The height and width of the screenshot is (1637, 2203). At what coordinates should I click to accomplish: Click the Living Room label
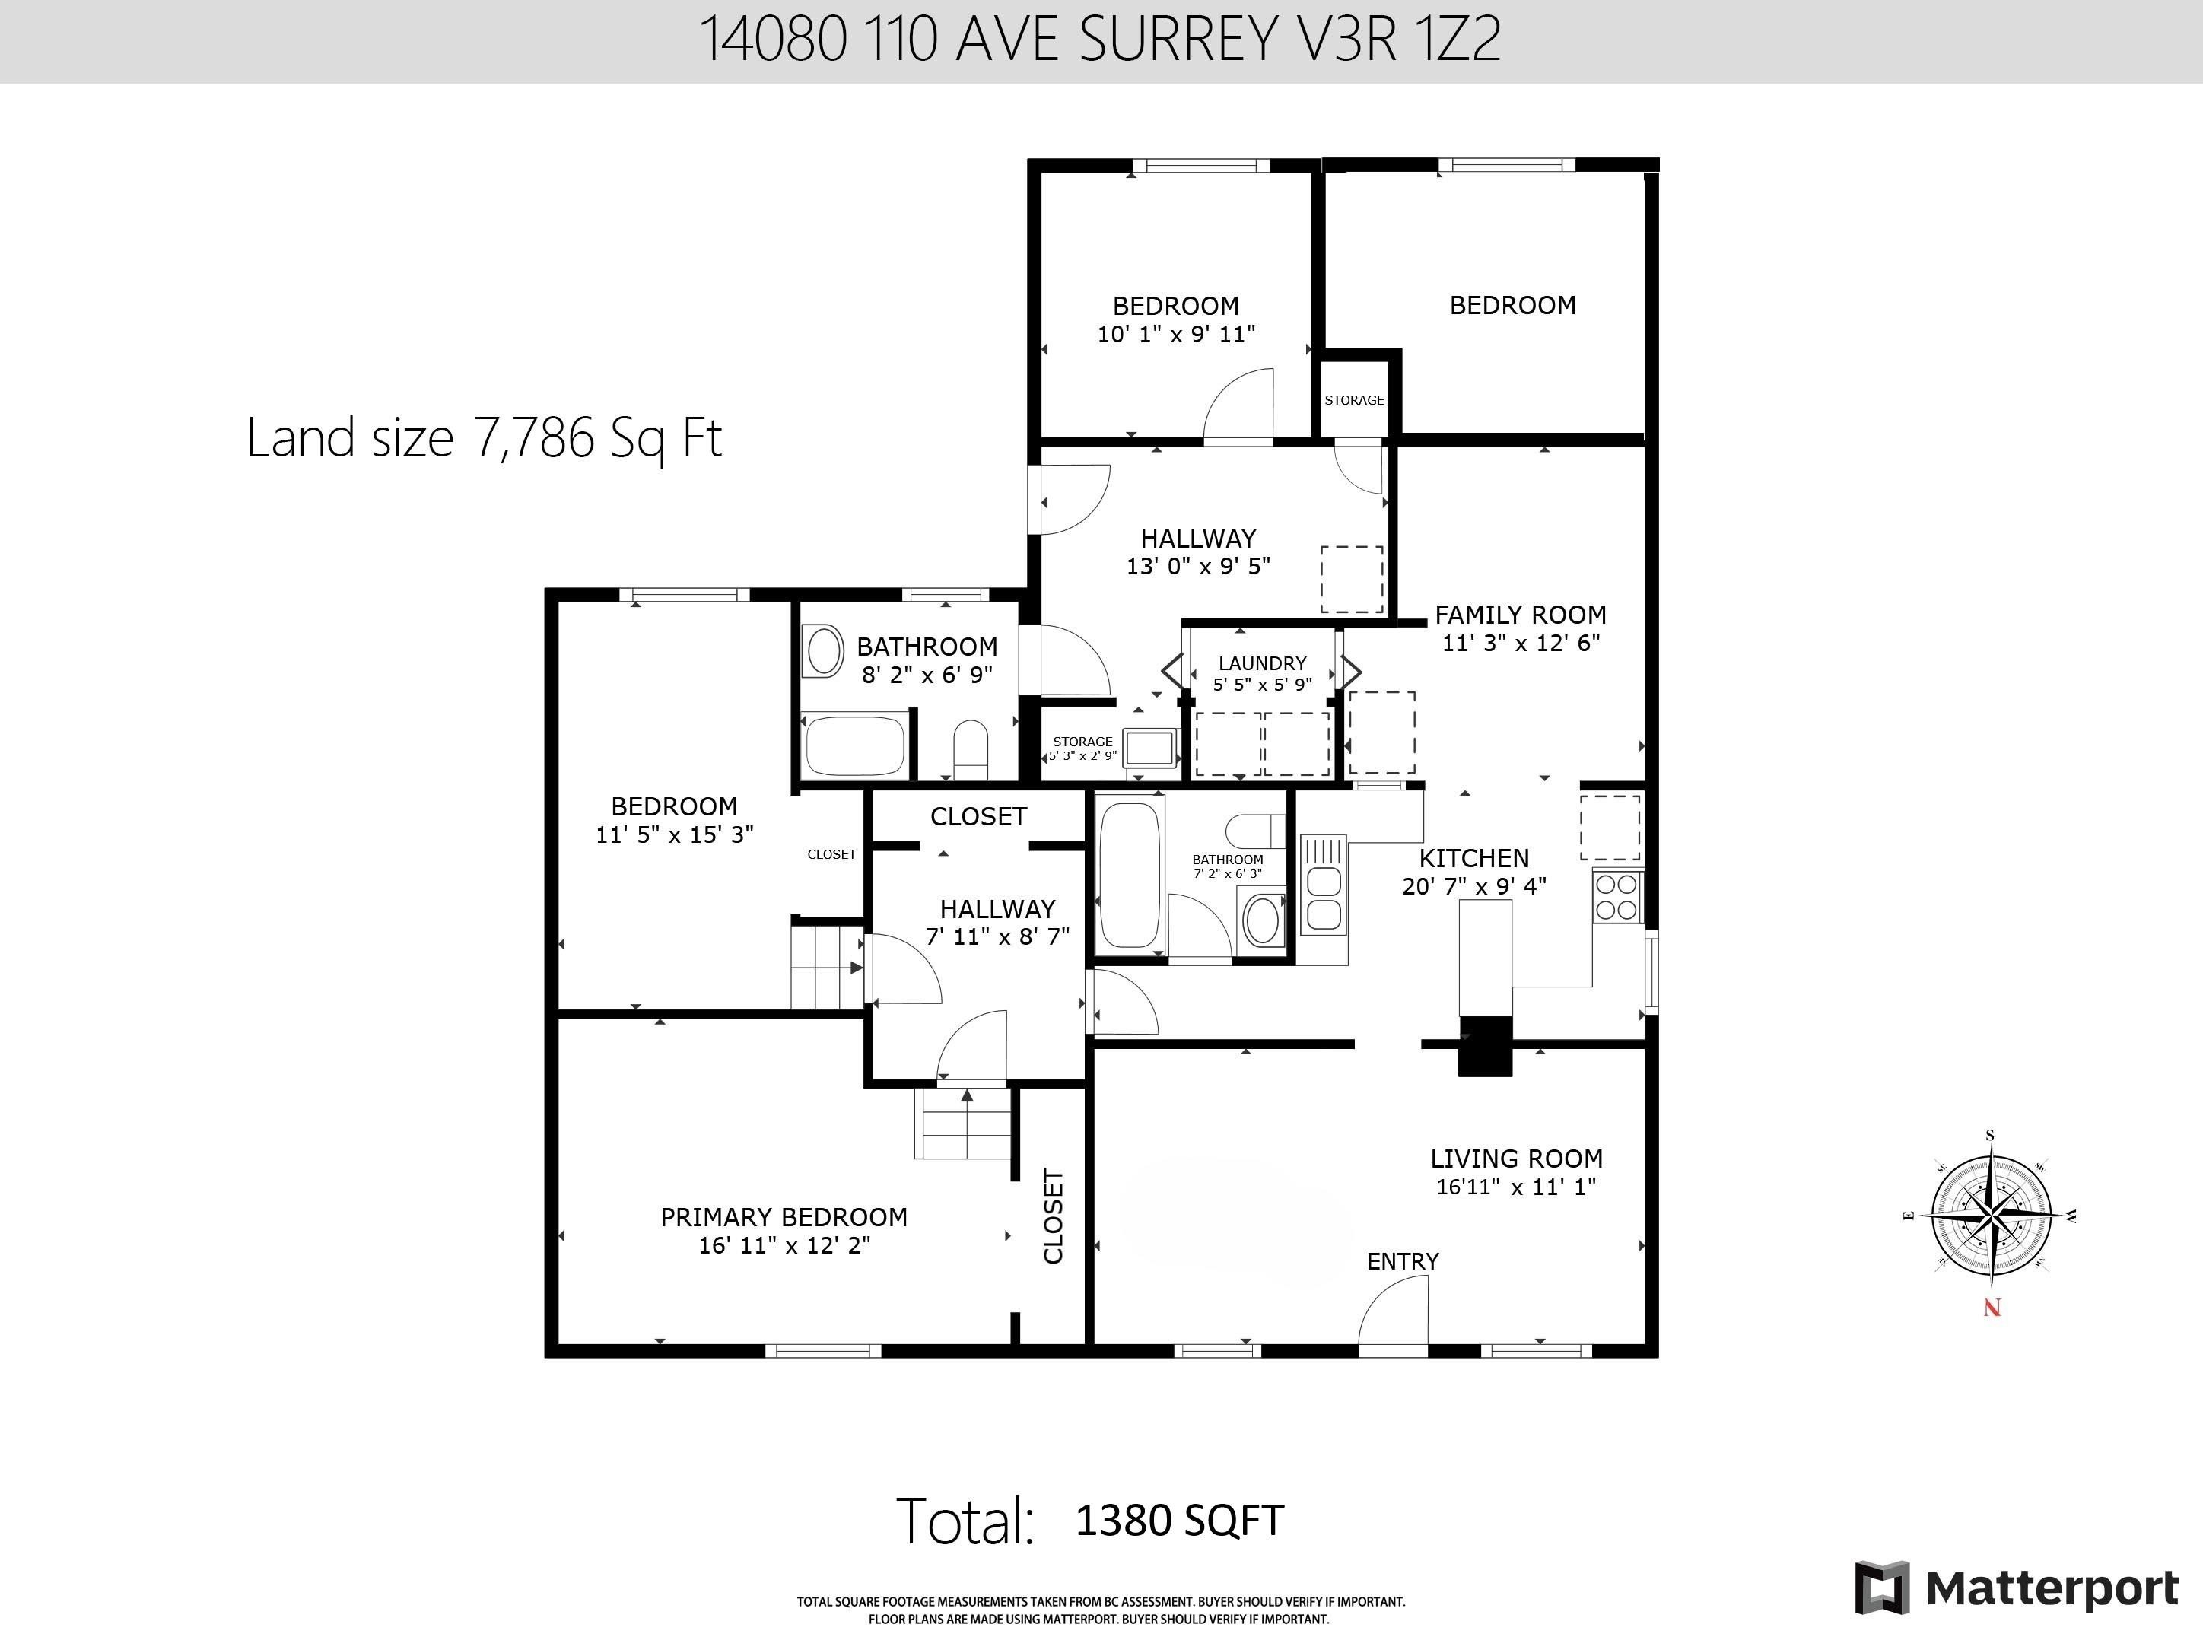[1515, 1159]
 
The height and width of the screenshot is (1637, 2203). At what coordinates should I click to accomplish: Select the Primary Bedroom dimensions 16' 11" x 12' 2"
[784, 1245]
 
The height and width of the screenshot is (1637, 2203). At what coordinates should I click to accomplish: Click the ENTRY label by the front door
[1402, 1261]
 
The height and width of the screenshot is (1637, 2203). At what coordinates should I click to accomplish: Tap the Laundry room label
[1261, 663]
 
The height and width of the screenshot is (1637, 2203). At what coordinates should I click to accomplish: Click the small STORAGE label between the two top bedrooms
[1354, 400]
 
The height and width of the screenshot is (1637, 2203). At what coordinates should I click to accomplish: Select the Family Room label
[1520, 615]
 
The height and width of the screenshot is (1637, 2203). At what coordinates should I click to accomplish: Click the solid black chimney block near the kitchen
[1485, 1047]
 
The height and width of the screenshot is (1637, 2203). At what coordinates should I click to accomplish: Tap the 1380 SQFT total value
[1179, 1520]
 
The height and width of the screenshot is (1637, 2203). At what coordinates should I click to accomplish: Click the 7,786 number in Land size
[535, 438]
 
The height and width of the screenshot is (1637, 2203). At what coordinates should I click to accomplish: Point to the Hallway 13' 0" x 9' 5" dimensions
[1198, 567]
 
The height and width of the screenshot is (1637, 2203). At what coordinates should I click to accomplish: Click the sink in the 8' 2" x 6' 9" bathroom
[822, 651]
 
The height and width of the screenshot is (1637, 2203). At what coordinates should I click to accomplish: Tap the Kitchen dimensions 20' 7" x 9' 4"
[1473, 887]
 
